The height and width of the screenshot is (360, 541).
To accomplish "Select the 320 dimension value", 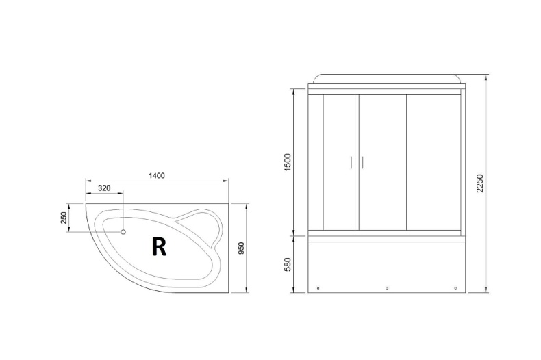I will click(x=104, y=188).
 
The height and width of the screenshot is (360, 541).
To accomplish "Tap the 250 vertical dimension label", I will click(x=64, y=217).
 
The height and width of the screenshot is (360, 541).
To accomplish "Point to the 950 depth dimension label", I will click(x=241, y=248).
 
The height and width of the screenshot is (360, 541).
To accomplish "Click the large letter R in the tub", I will click(x=159, y=246).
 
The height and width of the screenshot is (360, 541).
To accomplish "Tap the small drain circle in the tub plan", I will click(x=123, y=232).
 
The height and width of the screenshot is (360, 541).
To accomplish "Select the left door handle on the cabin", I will click(x=351, y=162).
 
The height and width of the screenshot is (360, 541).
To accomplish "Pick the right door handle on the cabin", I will click(x=362, y=162).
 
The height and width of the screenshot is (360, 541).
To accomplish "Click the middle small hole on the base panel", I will click(x=387, y=287).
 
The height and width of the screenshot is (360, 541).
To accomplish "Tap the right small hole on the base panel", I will click(x=455, y=287).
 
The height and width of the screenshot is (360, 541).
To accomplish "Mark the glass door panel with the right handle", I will click(x=382, y=163).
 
